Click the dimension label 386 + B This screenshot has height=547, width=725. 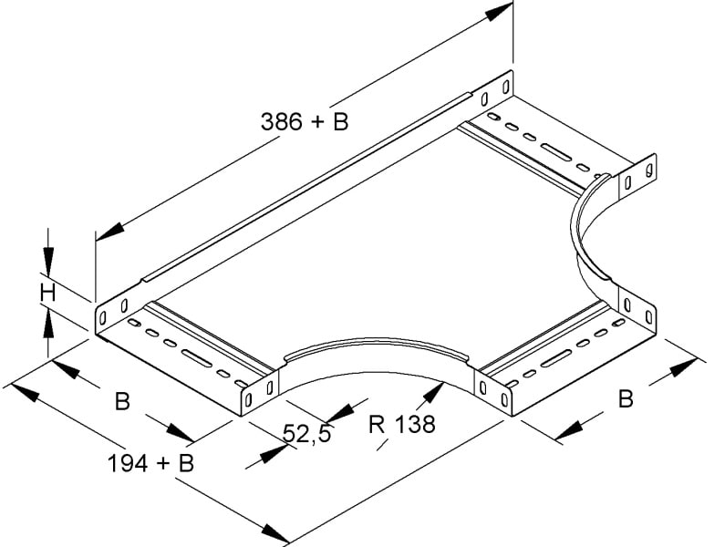(305, 122)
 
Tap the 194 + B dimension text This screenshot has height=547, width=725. (150, 463)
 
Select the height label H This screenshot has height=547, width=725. (47, 294)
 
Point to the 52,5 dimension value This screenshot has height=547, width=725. (307, 434)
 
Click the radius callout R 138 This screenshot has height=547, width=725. (402, 424)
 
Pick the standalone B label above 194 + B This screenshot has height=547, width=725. (122, 401)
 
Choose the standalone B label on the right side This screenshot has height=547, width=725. (626, 399)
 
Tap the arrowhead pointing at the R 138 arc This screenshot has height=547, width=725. (433, 395)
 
